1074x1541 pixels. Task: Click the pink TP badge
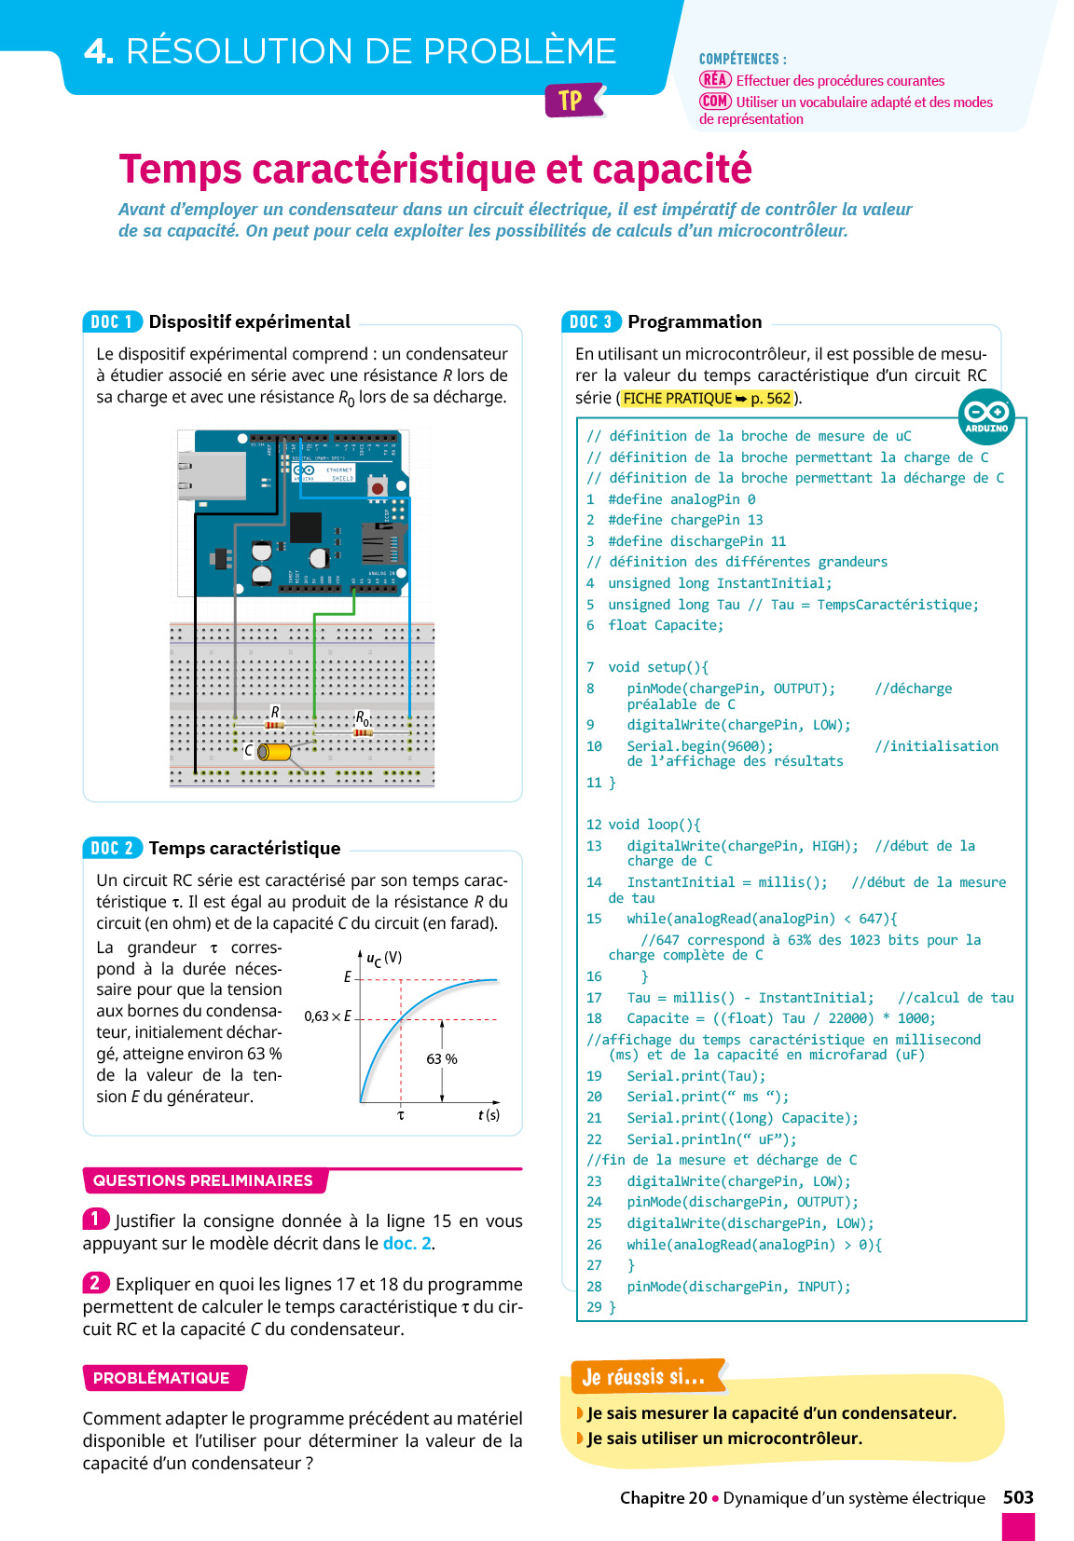pyautogui.click(x=571, y=101)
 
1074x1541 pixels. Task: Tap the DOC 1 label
pyautogui.click(x=112, y=321)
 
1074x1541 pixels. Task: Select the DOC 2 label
pyautogui.click(x=112, y=848)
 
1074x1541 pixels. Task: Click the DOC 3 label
pyautogui.click(x=591, y=321)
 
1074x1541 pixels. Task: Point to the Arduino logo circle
pyautogui.click(x=986, y=416)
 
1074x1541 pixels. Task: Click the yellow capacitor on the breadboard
pyautogui.click(x=274, y=751)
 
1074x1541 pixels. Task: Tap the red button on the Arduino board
pyautogui.click(x=378, y=487)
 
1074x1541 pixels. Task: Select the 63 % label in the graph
pyautogui.click(x=442, y=1059)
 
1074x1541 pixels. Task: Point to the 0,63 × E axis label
pyautogui.click(x=327, y=1016)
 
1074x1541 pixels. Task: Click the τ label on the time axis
pyautogui.click(x=401, y=1115)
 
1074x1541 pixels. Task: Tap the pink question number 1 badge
pyautogui.click(x=95, y=1219)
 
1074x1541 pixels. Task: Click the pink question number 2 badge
pyautogui.click(x=95, y=1283)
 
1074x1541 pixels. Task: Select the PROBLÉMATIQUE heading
pyautogui.click(x=162, y=1378)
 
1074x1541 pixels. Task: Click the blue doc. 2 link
pyautogui.click(x=407, y=1244)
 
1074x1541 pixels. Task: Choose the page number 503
pyautogui.click(x=1018, y=1497)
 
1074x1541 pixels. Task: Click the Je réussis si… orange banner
pyautogui.click(x=645, y=1376)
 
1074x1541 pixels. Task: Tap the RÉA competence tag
pyautogui.click(x=715, y=80)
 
